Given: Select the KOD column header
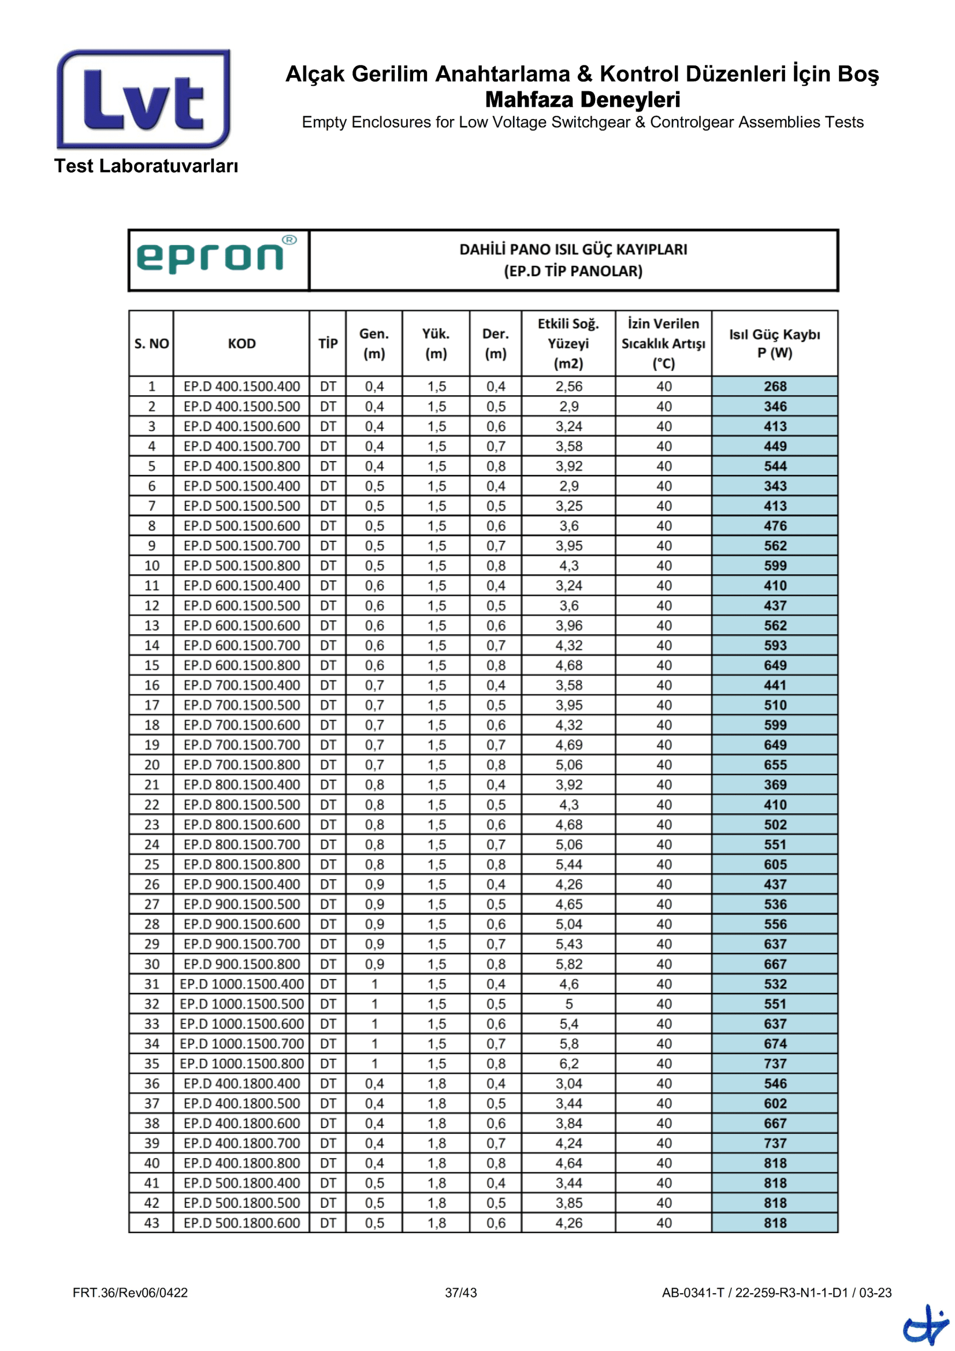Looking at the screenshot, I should [x=241, y=344].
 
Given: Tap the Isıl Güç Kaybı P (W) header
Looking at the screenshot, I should [x=774, y=344].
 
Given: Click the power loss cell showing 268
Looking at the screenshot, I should [x=774, y=386].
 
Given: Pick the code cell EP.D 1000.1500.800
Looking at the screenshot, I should [x=241, y=1063].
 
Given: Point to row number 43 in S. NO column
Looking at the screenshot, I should [x=151, y=1223].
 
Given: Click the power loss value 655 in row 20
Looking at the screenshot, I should [x=774, y=765].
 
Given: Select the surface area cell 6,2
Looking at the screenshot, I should [x=568, y=1063].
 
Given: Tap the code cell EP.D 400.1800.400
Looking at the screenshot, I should [x=241, y=1083].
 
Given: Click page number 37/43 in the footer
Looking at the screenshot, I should [x=460, y=1293].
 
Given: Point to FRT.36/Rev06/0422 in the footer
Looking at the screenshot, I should [x=130, y=1293].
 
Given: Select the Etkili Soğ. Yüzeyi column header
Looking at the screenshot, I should [x=568, y=344].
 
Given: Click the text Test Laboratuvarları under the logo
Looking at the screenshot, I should [x=146, y=166].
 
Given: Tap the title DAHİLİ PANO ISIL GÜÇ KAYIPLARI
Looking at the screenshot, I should [x=573, y=250].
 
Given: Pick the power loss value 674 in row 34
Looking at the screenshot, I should [x=774, y=1043].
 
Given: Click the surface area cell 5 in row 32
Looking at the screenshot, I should [x=568, y=1004].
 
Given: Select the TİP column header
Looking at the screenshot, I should [x=328, y=344].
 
